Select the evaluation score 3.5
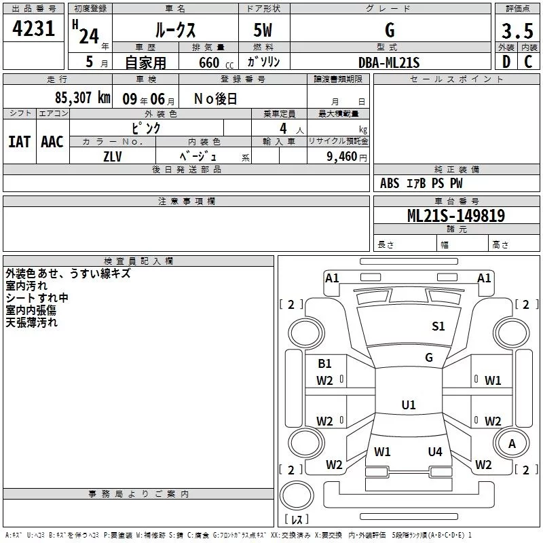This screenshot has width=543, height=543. pos(517,31)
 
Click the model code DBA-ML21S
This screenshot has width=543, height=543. pos(389,62)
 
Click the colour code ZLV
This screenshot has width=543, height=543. pos(113,156)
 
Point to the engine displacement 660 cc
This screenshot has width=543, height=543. pos(208,63)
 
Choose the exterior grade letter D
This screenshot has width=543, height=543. pos(506,62)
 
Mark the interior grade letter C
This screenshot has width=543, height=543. pos(527,62)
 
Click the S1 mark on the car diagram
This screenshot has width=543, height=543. pos(438,326)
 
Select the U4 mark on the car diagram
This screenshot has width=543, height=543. pos(435,451)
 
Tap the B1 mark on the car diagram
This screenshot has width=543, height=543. pos(325,364)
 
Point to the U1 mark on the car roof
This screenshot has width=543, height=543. pos(408,405)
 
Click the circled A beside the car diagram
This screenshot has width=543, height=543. pos(512,443)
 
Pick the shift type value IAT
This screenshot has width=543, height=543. pos(19,142)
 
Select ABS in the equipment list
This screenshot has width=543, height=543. pos(390,183)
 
